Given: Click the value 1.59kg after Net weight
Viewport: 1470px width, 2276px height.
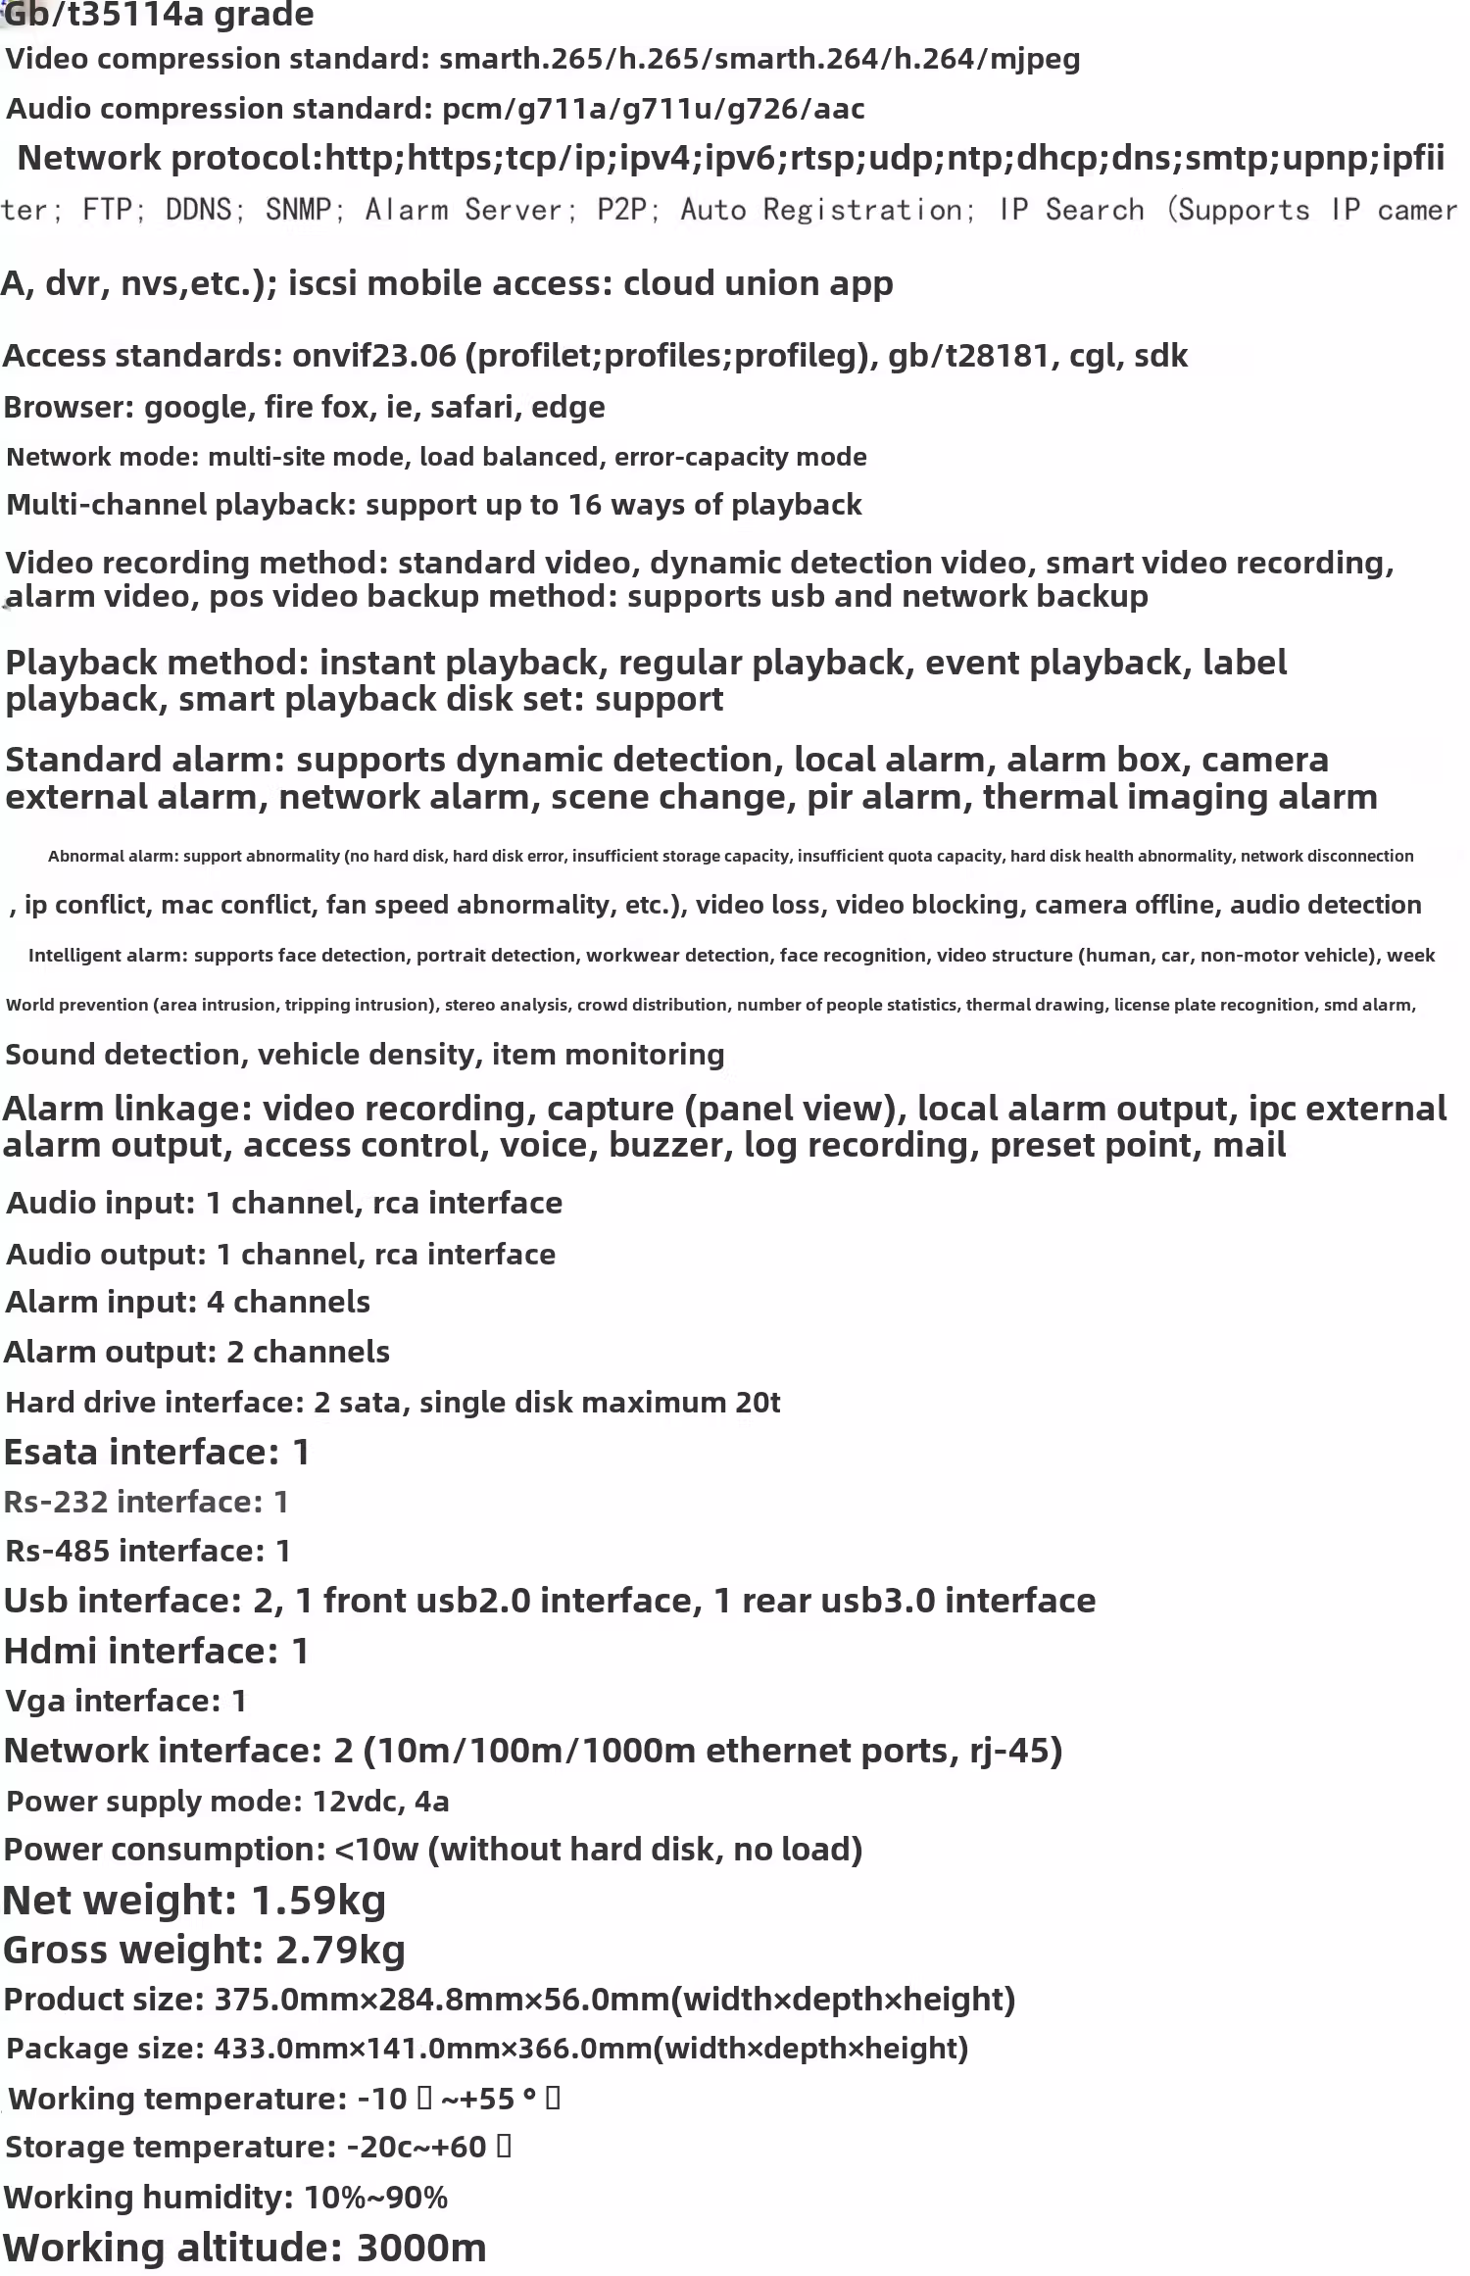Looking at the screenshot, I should (x=318, y=1901).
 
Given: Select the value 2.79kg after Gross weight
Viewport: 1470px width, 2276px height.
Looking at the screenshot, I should (x=340, y=1950).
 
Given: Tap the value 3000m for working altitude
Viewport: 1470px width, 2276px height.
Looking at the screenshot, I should (x=421, y=2248).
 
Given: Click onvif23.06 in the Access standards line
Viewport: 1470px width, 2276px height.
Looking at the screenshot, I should (x=373, y=355).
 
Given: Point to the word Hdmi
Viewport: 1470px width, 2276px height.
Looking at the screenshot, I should (x=50, y=1651).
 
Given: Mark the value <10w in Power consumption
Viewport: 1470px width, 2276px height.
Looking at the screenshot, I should (x=376, y=1850).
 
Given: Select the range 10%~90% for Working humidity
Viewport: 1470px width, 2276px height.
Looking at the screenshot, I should (x=375, y=2198).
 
